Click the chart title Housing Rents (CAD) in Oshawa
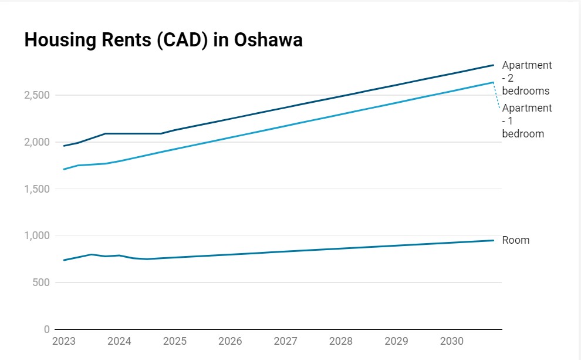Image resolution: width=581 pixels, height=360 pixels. tap(163, 40)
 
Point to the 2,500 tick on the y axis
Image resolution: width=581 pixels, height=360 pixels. tap(36, 95)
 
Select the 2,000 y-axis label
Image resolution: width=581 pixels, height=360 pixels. tap(36, 142)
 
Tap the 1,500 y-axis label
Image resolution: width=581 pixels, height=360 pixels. tap(36, 189)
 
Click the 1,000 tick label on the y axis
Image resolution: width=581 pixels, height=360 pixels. tap(36, 235)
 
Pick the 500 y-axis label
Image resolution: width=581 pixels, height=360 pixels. tap(41, 282)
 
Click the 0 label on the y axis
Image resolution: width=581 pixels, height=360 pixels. tap(47, 329)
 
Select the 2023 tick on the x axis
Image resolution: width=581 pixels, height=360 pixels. tap(63, 341)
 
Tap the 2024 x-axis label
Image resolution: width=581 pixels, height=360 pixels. tap(119, 341)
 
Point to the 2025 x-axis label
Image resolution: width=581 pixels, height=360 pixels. tap(174, 341)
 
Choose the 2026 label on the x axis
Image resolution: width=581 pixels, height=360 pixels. tap(230, 341)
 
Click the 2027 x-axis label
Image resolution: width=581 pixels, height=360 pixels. tap(285, 341)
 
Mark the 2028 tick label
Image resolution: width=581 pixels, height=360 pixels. tap(341, 341)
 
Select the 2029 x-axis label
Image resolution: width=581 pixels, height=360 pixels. tap(396, 341)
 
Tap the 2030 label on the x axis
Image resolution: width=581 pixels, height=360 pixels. tap(452, 341)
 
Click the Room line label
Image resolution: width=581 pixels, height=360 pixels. tap(515, 240)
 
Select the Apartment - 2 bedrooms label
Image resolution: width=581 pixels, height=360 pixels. tap(526, 78)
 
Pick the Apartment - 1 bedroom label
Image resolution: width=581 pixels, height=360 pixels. tap(526, 121)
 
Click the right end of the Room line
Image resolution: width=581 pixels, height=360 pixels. tap(493, 240)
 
